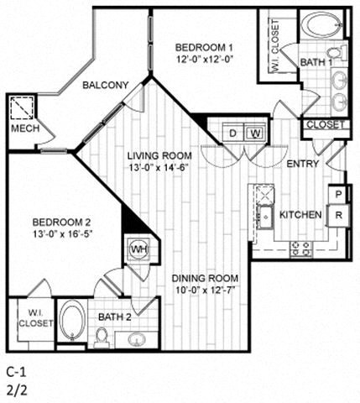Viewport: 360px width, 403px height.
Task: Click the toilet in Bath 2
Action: pos(102,336)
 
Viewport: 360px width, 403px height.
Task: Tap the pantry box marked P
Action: pos(337,194)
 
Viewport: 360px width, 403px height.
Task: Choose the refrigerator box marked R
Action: pos(337,214)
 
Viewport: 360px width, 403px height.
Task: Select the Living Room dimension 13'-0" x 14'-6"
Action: pos(159,169)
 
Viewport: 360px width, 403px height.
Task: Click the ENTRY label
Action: pos(302,164)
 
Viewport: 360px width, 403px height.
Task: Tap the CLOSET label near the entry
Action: pos(324,124)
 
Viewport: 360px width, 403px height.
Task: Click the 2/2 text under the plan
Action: pos(14,389)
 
